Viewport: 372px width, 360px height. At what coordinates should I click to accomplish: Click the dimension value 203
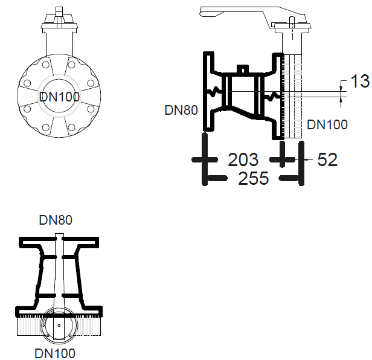click(x=243, y=159)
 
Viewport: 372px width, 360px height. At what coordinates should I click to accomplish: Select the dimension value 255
click(x=254, y=178)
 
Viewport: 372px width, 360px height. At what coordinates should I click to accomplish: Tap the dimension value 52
click(x=327, y=159)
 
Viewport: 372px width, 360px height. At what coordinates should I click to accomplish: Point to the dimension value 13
click(x=360, y=81)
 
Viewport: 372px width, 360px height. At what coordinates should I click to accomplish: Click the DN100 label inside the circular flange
click(x=59, y=97)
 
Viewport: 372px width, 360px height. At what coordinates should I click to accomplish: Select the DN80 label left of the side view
click(x=181, y=110)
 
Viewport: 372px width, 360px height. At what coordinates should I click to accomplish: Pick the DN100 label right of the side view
click(x=327, y=124)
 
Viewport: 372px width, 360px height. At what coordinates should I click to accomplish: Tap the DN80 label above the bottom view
click(x=56, y=220)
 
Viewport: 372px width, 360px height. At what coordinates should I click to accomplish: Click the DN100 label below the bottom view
click(x=55, y=353)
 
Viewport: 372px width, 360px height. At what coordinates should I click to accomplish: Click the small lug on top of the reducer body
click(x=243, y=69)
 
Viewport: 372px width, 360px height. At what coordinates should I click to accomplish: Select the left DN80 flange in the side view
click(x=209, y=91)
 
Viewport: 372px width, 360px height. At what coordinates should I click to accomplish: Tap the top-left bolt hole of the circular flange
click(x=46, y=65)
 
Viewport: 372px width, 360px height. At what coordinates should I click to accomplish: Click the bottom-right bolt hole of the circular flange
click(x=71, y=127)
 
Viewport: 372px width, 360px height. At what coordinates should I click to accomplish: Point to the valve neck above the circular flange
click(x=59, y=44)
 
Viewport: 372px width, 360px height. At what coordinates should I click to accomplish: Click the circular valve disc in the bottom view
click(x=59, y=325)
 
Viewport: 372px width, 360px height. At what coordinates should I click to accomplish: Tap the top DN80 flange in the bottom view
click(x=59, y=243)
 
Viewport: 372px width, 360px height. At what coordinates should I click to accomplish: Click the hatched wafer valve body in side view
click(x=293, y=96)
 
